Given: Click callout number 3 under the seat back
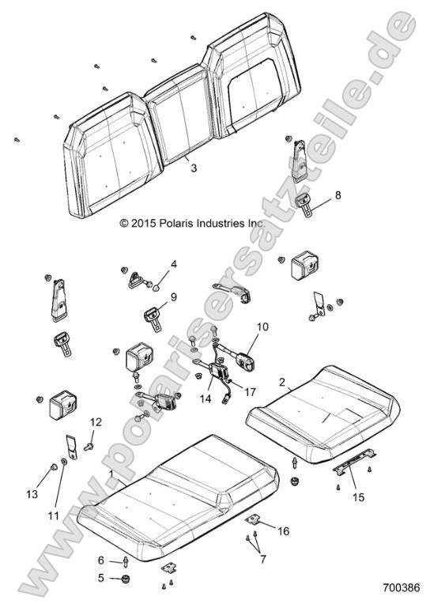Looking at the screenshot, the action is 194,168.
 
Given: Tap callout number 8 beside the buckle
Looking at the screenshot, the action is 338,195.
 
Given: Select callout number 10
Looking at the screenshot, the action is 262,327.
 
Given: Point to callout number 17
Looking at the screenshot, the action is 250,392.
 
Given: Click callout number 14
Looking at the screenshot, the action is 206,398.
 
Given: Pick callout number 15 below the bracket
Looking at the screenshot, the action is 358,497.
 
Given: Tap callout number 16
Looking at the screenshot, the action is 283,531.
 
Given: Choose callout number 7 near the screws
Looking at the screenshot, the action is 263,559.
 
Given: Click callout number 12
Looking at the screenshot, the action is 96,422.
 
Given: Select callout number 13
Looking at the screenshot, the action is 32,493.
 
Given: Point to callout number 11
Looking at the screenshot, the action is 54,515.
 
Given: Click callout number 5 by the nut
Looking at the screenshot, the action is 101,578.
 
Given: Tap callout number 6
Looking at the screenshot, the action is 101,560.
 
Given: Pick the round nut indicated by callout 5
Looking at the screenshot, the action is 124,578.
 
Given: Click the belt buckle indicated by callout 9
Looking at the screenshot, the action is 153,317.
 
